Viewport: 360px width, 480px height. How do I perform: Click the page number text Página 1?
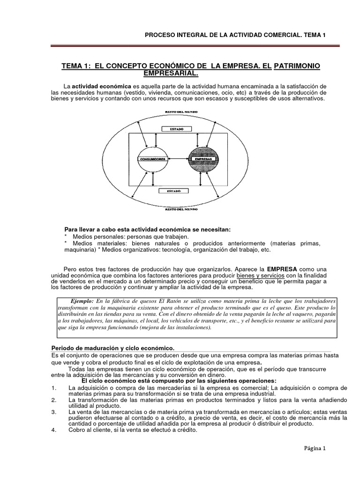pos(314,448)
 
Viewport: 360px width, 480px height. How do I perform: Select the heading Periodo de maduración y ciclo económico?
pos(112,348)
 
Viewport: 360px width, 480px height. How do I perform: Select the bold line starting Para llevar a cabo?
pos(147,229)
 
